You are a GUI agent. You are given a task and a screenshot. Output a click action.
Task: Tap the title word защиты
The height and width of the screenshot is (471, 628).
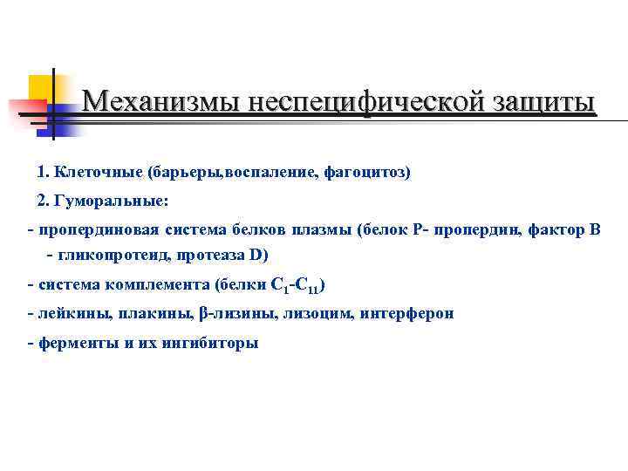537,102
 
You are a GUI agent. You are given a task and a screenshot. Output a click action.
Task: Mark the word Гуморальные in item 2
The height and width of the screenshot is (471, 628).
111,201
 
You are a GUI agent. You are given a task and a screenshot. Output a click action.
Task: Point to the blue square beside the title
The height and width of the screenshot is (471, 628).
63,120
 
